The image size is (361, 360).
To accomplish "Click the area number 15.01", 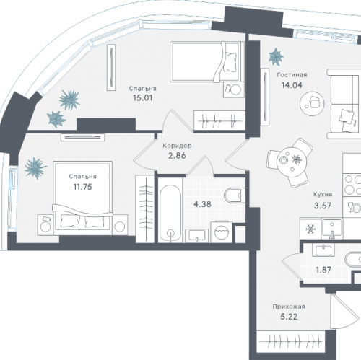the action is tap(142, 98).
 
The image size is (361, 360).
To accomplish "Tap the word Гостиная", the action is tap(292, 75).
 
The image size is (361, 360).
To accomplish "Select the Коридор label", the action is tap(177, 146).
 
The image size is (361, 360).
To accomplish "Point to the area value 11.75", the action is tap(82, 187).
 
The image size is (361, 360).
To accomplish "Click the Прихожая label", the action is tap(289, 307).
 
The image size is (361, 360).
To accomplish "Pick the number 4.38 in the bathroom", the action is tap(202, 204).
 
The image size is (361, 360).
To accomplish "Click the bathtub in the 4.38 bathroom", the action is tap(170, 213).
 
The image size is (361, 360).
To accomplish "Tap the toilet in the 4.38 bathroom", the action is tap(233, 196).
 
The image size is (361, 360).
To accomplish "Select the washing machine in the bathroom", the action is tap(221, 232).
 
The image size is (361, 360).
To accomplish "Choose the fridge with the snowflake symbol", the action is tap(310, 229).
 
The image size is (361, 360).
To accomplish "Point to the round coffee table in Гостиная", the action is tap(312, 104).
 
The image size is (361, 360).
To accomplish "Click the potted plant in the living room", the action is tap(276, 57).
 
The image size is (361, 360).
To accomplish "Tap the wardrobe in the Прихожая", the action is tap(291, 341).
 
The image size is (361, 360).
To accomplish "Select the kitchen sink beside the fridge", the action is tap(332, 229).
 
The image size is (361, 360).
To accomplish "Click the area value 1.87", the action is tap(323, 270).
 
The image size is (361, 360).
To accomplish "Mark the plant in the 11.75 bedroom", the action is tap(35, 168).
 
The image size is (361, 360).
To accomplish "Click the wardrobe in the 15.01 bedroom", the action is tap(219, 121).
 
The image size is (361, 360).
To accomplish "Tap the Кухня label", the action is tap(323, 194).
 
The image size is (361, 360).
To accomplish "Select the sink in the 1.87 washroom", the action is tap(323, 250).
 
